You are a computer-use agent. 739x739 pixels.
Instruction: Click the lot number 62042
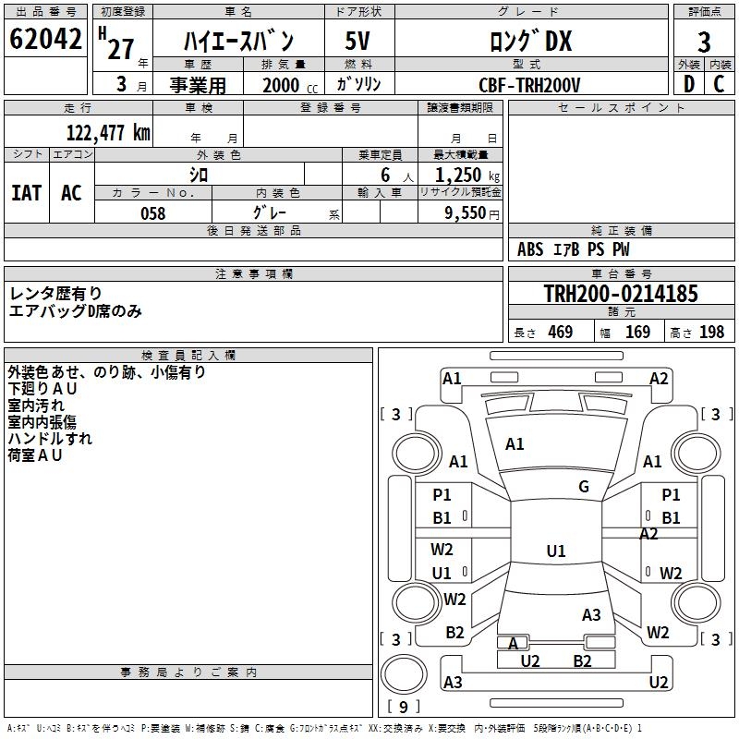44,42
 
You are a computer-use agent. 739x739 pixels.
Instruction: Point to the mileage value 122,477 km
108,132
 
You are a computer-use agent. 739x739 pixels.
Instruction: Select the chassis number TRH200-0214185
620,294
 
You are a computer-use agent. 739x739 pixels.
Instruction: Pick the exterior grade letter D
688,84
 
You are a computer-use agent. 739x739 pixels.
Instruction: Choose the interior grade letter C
720,84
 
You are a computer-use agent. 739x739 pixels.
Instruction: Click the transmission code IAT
26,192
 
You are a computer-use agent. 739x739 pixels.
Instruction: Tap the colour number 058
152,213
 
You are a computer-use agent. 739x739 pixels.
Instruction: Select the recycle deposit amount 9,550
466,213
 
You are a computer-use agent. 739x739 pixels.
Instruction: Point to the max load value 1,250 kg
461,175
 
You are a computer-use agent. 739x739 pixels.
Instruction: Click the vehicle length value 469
560,333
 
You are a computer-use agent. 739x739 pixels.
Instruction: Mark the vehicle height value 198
711,333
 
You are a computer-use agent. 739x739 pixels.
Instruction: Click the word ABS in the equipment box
530,249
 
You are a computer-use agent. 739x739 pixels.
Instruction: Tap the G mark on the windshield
584,486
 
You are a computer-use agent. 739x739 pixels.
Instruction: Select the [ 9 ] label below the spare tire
403,707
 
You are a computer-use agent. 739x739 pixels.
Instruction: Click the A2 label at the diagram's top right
659,378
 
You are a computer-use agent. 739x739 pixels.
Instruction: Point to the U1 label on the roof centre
555,551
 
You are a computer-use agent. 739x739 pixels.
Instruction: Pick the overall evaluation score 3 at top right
704,42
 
